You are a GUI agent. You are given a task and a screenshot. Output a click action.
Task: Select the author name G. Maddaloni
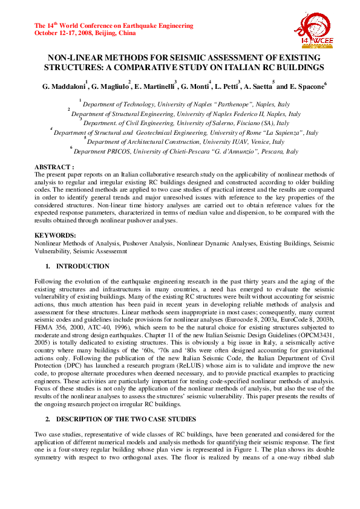pyautogui.click(x=64, y=86)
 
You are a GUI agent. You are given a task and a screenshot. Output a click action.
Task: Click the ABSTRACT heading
pyautogui.click(x=54, y=166)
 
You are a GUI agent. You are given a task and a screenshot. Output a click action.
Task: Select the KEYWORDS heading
pyautogui.click(x=55, y=235)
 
